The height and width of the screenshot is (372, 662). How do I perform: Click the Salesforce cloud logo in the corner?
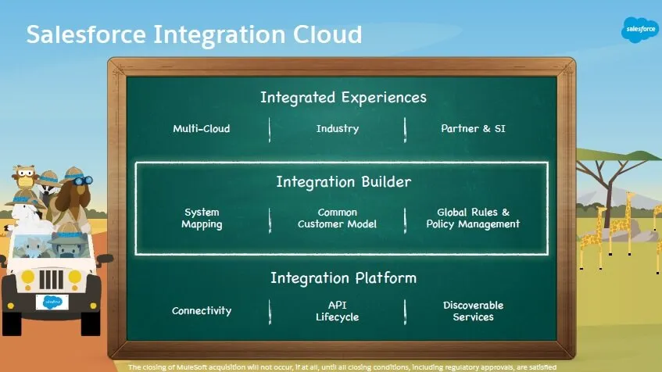tap(640, 30)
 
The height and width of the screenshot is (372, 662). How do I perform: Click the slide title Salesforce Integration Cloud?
tap(194, 34)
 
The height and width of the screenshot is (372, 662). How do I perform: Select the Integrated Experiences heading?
tap(343, 98)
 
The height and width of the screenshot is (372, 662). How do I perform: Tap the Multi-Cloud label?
tap(202, 128)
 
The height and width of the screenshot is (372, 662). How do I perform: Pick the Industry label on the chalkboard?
tap(338, 128)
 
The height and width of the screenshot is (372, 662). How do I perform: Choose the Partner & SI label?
tap(473, 128)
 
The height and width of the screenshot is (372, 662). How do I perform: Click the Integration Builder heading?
tap(343, 182)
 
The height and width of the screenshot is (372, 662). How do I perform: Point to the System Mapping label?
tap(202, 218)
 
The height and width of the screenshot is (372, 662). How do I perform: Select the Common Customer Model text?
tap(338, 218)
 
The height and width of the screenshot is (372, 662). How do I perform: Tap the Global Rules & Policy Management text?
tap(473, 218)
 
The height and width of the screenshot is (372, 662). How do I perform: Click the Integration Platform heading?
tap(343, 277)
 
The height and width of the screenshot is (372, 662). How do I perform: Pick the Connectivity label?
tap(202, 310)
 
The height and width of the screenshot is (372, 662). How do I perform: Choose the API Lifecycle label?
tap(338, 311)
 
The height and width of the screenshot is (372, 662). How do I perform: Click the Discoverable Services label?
tap(473, 311)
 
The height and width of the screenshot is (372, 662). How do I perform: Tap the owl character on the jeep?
tap(25, 178)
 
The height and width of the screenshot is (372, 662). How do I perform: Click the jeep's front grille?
tap(52, 279)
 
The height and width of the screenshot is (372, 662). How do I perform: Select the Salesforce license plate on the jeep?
tap(52, 302)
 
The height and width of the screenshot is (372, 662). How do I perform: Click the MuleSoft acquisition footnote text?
tap(342, 367)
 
